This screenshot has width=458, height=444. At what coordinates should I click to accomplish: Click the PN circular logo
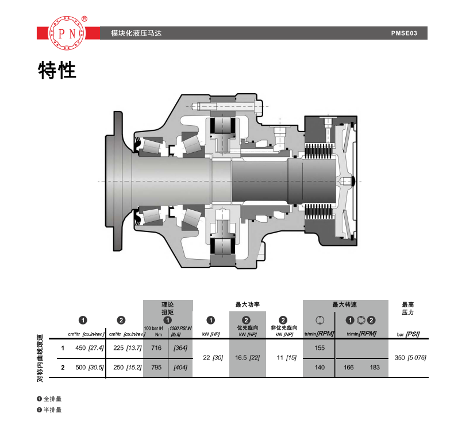click(x=67, y=33)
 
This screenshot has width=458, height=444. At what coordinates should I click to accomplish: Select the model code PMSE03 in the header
click(x=404, y=33)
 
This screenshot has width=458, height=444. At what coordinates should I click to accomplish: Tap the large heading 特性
click(x=57, y=70)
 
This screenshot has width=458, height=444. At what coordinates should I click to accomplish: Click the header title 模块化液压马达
click(x=136, y=33)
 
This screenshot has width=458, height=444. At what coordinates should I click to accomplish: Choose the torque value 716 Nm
click(x=156, y=348)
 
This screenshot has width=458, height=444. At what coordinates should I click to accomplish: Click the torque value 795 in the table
click(x=156, y=367)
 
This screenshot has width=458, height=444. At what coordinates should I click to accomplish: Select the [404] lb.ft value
click(x=180, y=367)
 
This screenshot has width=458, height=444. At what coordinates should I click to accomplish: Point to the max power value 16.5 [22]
click(x=248, y=358)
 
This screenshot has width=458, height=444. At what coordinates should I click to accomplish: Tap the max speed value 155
click(x=320, y=348)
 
